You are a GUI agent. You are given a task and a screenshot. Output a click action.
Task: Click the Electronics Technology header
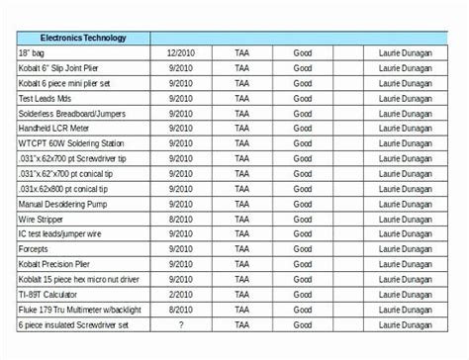[x=84, y=39]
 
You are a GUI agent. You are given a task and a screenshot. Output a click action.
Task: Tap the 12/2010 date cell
[x=180, y=52]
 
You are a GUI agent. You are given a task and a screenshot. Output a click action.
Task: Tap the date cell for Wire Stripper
[x=180, y=220]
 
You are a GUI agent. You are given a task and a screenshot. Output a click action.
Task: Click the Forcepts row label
[x=38, y=249]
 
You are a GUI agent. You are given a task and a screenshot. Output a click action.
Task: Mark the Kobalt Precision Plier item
[x=60, y=265]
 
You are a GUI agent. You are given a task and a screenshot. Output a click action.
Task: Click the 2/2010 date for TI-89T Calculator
[x=180, y=295]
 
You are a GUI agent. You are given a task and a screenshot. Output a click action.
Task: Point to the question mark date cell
[x=180, y=324]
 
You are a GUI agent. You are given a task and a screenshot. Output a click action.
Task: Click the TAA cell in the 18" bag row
[x=242, y=52]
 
